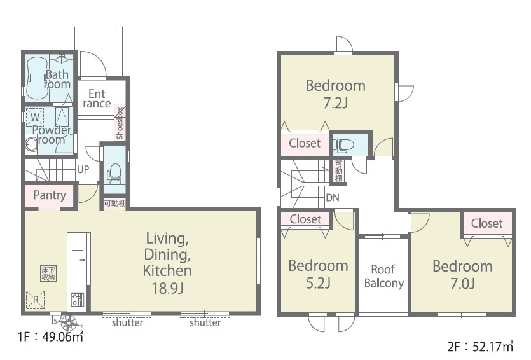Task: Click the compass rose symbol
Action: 69,323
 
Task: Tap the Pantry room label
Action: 50,195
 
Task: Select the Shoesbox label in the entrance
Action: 120,123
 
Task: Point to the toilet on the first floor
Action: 114,174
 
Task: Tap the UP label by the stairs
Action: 83,169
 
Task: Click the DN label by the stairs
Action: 332,197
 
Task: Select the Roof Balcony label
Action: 383,276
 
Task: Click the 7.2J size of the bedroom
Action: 335,102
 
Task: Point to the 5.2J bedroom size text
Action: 318,283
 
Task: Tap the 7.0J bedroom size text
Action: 462,284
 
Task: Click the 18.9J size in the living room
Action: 167,288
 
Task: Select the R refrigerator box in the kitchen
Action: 35,300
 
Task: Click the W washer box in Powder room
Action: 35,117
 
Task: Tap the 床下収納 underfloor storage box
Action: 48,273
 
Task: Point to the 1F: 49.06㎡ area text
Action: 50,336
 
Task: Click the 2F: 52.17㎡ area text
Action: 480,347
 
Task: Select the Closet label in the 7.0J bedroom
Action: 486,223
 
